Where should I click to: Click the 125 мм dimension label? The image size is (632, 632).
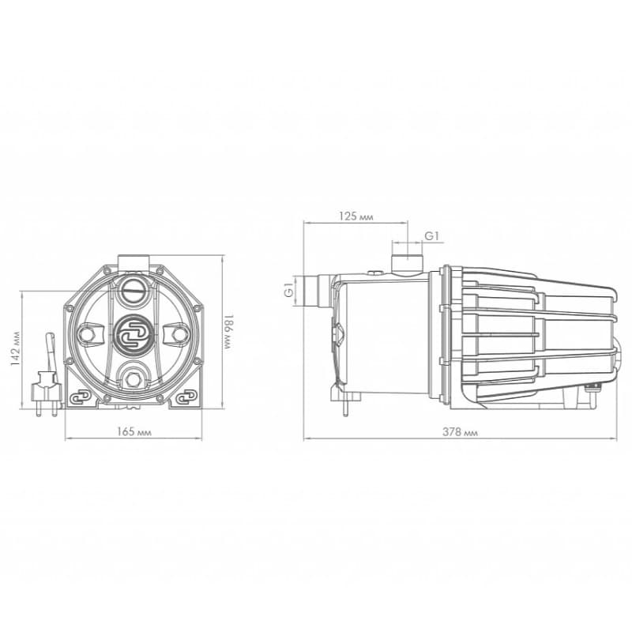point(356,216)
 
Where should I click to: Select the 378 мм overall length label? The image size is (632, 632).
point(460,432)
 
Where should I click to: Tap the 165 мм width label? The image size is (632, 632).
point(134,431)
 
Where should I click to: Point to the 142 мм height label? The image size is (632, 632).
point(15,348)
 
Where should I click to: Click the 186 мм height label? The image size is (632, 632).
point(228,332)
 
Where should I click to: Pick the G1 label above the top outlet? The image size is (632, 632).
point(431,236)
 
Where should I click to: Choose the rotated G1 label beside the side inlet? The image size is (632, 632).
point(289,290)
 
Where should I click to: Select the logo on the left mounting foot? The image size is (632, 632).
point(81,397)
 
